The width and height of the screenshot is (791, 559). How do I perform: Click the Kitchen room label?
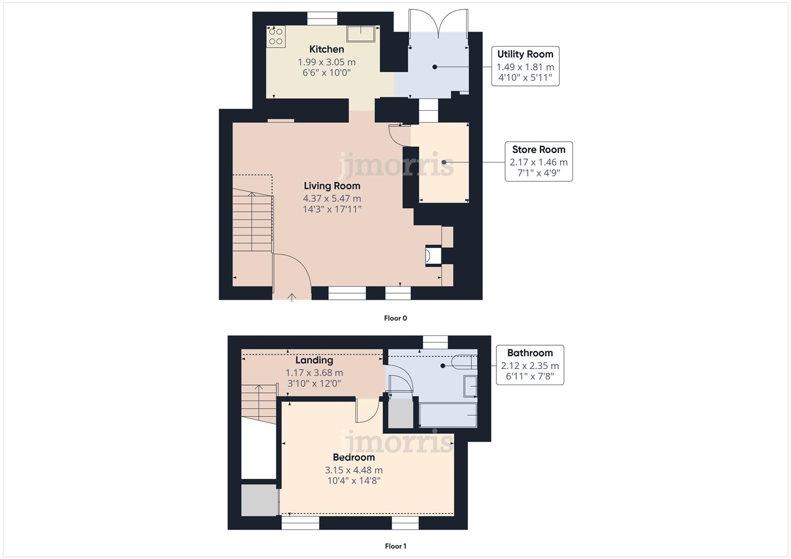click(x=326, y=49)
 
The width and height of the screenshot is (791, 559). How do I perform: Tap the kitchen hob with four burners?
click(x=276, y=36)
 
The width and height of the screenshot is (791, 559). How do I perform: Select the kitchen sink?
click(x=361, y=33)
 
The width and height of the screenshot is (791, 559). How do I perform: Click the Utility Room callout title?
click(x=525, y=54)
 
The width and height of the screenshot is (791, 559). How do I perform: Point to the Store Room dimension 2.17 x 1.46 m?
click(x=538, y=162)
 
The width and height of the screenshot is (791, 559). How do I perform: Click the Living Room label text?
click(x=332, y=186)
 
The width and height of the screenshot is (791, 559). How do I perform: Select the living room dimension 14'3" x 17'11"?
click(x=332, y=210)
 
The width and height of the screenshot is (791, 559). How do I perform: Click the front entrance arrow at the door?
click(x=292, y=297)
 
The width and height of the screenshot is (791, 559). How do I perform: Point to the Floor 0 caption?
click(x=395, y=318)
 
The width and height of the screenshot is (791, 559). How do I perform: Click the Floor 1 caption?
click(x=395, y=546)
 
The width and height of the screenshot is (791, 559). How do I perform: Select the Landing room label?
click(x=314, y=360)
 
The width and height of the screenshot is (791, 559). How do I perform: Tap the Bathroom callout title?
click(x=529, y=353)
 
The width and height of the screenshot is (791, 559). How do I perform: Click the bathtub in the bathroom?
click(x=448, y=416)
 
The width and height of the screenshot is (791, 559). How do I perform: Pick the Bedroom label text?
click(x=353, y=458)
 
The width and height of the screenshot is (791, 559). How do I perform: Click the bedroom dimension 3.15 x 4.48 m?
click(x=353, y=470)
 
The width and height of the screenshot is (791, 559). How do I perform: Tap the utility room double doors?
click(x=438, y=24)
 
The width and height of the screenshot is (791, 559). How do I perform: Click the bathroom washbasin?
click(x=470, y=386)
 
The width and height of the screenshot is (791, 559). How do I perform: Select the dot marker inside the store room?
click(x=444, y=162)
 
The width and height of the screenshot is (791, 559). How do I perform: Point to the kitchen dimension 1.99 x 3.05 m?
click(x=326, y=62)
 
